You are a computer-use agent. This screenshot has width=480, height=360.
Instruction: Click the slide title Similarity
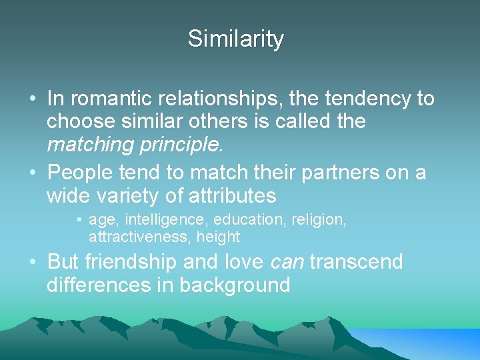coord(235,39)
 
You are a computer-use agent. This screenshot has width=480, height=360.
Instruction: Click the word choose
coord(79,122)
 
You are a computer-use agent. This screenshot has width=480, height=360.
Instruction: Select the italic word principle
coord(177,145)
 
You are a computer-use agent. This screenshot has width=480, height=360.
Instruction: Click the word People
coord(79,173)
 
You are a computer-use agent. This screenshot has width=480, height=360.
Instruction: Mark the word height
coord(218,237)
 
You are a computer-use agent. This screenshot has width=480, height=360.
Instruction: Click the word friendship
coord(140,262)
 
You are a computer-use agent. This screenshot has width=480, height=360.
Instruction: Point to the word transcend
coord(357,262)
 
